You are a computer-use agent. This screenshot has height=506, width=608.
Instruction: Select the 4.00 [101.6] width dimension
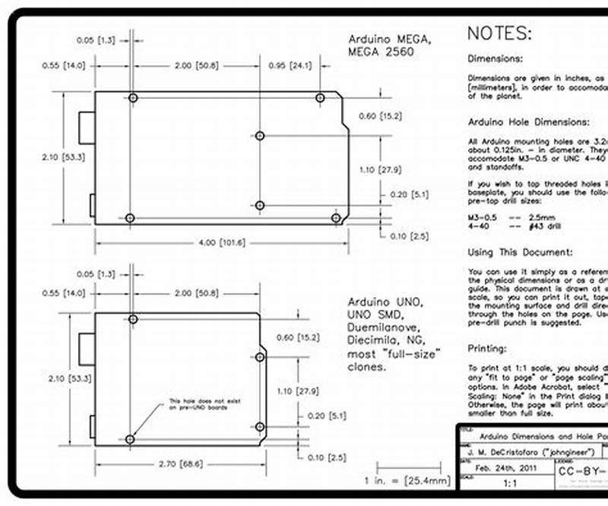click(220, 243)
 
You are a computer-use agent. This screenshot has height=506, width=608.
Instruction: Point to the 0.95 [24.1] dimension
click(290, 65)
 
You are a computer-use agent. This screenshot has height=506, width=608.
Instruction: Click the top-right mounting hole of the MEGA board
click(320, 98)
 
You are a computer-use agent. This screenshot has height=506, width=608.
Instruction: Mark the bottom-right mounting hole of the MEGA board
click(336, 218)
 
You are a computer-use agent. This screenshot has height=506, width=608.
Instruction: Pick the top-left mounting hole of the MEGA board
click(133, 98)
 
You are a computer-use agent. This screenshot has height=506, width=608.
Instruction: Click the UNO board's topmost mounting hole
click(133, 319)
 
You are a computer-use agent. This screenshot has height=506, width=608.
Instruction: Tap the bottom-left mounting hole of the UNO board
click(130, 439)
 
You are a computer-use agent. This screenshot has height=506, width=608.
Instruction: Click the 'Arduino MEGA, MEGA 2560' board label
click(390, 45)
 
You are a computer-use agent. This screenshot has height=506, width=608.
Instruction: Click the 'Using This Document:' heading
click(521, 252)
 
